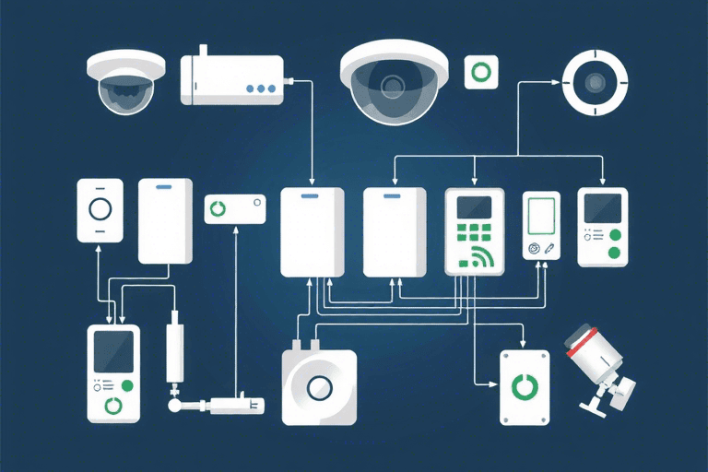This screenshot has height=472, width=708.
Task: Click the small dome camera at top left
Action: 126,82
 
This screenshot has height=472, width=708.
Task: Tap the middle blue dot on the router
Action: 261,89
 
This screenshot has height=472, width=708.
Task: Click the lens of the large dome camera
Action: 394,87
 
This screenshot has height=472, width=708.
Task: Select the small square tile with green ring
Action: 480,72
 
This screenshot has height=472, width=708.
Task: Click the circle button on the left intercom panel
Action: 99,209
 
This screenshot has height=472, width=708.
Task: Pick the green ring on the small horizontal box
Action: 218,208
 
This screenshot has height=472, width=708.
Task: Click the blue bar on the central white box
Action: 313,195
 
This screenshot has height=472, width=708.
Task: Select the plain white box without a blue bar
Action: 395,232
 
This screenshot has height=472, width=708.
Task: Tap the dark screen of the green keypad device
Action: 474,207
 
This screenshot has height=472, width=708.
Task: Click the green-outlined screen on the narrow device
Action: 540,217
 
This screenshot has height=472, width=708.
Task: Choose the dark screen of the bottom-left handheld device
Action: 113,351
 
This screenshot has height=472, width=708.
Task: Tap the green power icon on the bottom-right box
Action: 524,386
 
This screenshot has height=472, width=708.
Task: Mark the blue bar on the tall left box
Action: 165,186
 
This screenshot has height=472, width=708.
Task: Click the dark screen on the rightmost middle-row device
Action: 602,209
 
